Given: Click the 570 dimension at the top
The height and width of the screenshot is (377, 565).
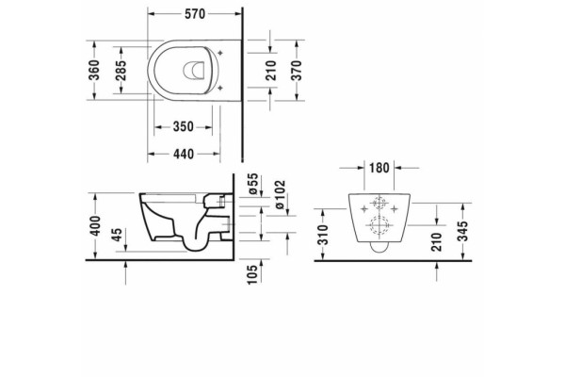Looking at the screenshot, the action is point(195,14).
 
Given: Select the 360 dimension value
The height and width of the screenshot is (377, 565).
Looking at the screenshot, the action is point(93,71).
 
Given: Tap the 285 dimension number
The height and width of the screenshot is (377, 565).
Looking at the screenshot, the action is point(121,71).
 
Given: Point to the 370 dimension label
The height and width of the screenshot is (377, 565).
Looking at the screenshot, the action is point(296,71).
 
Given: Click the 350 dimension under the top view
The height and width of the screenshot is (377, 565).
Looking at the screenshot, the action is point(184,126).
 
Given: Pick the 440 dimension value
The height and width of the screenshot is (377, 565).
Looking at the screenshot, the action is point(184,154).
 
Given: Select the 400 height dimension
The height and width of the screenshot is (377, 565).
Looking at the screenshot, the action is point(95,226).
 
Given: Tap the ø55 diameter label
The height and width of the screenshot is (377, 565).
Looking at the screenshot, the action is point(253,185).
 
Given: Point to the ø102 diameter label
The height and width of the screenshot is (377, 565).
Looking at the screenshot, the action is point(280,195).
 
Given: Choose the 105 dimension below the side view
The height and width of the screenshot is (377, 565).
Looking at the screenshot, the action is point(252,274).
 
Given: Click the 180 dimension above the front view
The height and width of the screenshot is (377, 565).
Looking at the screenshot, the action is point(379,168).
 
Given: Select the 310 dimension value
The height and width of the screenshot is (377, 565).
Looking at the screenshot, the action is point(324,235).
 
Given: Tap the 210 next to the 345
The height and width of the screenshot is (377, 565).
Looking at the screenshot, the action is point(436,242).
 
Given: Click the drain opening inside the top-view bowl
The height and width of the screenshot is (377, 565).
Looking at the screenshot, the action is point(194,70).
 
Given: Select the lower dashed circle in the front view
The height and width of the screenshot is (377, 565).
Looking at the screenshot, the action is point(378,225).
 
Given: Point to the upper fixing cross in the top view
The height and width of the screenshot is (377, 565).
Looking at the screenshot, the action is point(220,53).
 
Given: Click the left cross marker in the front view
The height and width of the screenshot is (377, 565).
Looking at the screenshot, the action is point(363,208).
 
